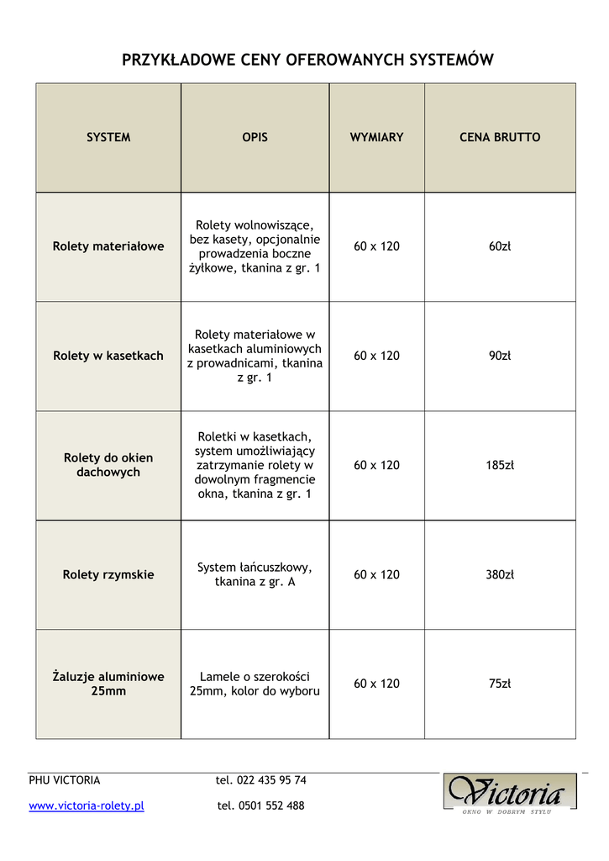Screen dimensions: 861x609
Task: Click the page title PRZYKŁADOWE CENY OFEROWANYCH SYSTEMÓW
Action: (307, 60)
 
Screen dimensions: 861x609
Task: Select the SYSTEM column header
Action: (108, 137)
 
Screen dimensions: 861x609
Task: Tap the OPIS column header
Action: (255, 137)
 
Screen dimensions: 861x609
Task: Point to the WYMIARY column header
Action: (376, 137)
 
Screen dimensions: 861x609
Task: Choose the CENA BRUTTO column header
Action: (500, 137)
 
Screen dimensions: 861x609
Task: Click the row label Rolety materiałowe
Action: (108, 246)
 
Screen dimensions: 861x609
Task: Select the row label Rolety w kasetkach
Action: (108, 356)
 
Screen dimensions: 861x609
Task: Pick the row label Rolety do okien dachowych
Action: (108, 465)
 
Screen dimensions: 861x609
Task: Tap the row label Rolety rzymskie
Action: (108, 575)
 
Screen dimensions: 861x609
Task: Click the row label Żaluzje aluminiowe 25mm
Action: (108, 684)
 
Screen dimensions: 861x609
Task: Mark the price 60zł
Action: (500, 246)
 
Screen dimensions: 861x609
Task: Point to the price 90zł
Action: (500, 356)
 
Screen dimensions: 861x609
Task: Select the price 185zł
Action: (500, 465)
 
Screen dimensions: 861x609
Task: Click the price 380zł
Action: (500, 575)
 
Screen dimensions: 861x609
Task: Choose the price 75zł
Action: (500, 684)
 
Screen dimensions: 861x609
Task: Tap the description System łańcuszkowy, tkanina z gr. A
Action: (255, 574)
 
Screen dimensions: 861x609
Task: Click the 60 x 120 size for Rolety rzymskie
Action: (376, 575)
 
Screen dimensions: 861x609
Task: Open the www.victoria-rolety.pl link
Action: (87, 806)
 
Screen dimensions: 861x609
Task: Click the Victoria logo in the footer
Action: (510, 792)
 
